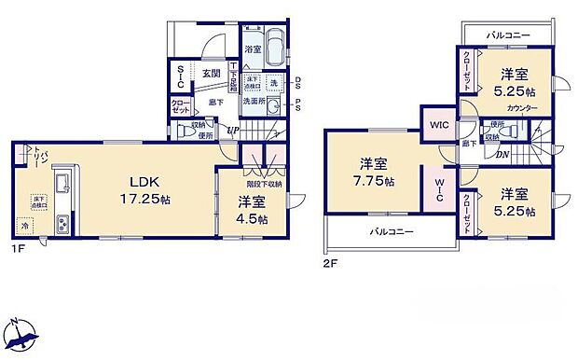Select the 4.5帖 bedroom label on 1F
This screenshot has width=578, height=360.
coord(252,211)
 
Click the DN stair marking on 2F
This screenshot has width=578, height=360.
coord(502,154)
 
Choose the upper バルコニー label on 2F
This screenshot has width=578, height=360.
coord(508,35)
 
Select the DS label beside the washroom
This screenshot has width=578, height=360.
coord(297,81)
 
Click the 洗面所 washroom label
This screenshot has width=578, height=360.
coord(254,101)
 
